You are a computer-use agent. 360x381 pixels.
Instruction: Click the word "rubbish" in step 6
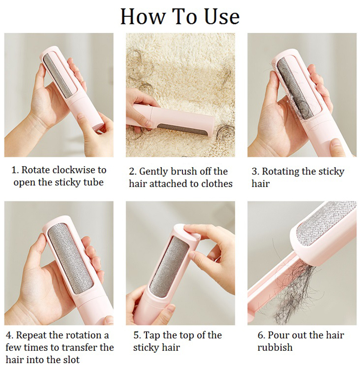click(x=275, y=347)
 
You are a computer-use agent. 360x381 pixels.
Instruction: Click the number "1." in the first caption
click(x=15, y=170)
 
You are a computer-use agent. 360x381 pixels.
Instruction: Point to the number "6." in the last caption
click(x=262, y=335)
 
